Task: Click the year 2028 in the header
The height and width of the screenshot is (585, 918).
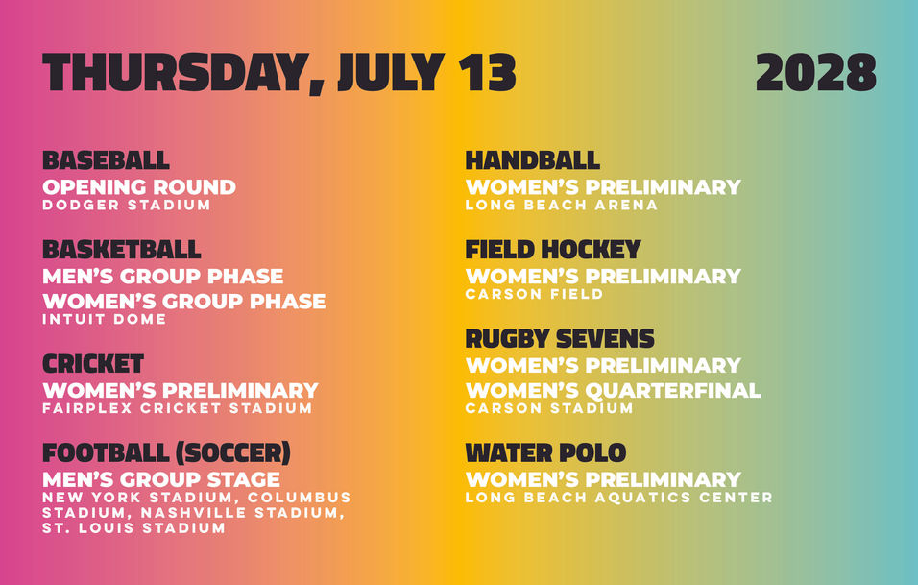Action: point(815,72)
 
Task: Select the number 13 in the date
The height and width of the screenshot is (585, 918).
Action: point(487,72)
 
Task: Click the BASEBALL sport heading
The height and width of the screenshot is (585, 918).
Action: point(106,160)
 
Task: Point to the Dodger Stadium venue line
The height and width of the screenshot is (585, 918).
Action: point(127,205)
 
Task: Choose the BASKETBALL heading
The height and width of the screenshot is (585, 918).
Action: point(122,250)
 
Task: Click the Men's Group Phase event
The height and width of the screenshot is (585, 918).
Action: point(162,276)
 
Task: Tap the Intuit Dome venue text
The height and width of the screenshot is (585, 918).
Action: point(105,319)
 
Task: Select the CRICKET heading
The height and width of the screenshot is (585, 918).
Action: point(93,364)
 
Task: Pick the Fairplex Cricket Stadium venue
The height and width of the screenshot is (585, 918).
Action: point(178,408)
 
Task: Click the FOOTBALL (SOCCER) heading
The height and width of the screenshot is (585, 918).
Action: point(167,453)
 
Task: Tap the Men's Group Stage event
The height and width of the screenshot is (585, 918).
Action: point(161,479)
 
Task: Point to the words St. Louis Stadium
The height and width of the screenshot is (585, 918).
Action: point(133,527)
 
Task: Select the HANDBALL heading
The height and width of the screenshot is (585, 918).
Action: point(533,160)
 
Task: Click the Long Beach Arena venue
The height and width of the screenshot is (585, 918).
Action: point(562,205)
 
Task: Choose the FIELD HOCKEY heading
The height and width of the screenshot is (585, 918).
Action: point(553,250)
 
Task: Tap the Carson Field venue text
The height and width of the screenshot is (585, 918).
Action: point(534,294)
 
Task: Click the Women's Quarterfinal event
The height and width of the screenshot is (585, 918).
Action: point(614,390)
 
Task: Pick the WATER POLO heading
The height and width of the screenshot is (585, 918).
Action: point(545,453)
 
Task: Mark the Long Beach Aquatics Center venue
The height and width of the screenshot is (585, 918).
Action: point(618,498)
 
